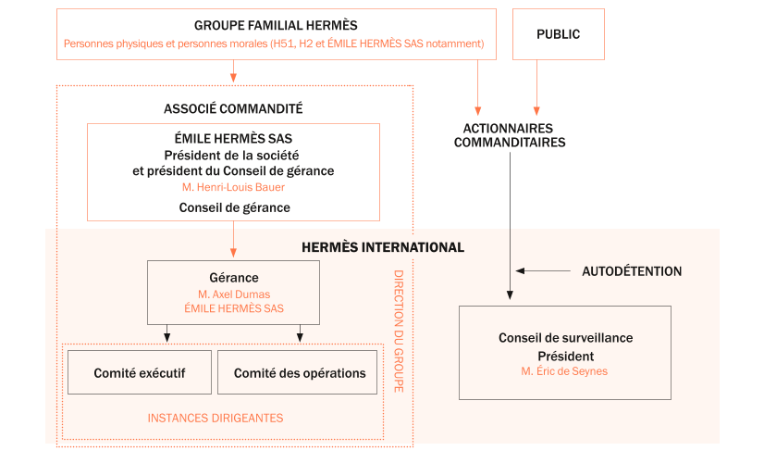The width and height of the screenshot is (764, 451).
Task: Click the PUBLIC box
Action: click(558, 34)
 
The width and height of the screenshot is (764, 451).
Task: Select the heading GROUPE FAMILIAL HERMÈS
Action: click(276, 26)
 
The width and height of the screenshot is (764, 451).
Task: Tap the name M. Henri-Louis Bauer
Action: click(233, 187)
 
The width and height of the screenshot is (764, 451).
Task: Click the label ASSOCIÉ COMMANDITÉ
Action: click(233, 108)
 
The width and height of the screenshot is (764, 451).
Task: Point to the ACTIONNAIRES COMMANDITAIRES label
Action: click(509, 135)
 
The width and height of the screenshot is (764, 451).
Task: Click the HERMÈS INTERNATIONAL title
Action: click(383, 247)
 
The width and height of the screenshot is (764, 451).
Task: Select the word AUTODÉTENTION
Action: click(631, 271)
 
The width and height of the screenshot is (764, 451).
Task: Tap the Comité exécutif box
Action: click(140, 372)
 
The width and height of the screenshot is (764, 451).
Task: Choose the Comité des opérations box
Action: click(300, 372)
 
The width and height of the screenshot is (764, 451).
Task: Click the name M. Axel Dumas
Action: click(233, 294)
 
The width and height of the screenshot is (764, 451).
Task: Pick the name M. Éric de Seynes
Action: click(565, 371)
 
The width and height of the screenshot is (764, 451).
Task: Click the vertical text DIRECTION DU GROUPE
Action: click(399, 331)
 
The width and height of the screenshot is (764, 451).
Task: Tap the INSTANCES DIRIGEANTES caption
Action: click(216, 418)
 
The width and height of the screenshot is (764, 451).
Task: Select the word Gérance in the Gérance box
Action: click(233, 278)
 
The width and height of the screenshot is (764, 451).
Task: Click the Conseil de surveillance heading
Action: click(565, 338)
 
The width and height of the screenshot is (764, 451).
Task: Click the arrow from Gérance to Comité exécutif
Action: click(166, 333)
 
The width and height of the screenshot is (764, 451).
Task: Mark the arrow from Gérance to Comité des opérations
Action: click(300, 333)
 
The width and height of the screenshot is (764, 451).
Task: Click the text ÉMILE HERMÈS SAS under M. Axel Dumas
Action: click(233, 309)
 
